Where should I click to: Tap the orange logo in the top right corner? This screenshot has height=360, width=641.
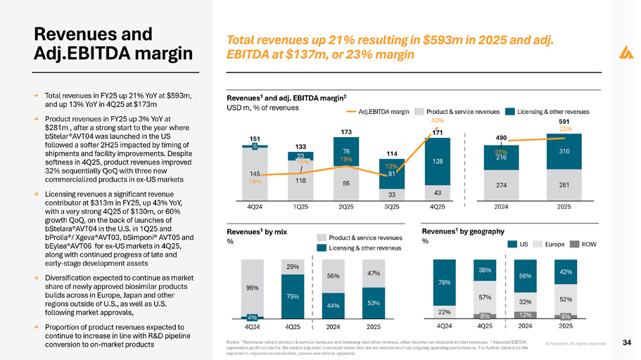click(624, 52)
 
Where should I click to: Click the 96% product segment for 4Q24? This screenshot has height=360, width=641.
click(251, 287)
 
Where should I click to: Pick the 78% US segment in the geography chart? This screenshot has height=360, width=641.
click(443, 283)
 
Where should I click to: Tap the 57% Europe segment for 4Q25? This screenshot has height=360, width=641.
click(484, 297)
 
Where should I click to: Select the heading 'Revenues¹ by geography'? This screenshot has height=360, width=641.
click(463, 230)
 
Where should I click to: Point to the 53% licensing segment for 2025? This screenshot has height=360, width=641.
click(374, 303)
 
